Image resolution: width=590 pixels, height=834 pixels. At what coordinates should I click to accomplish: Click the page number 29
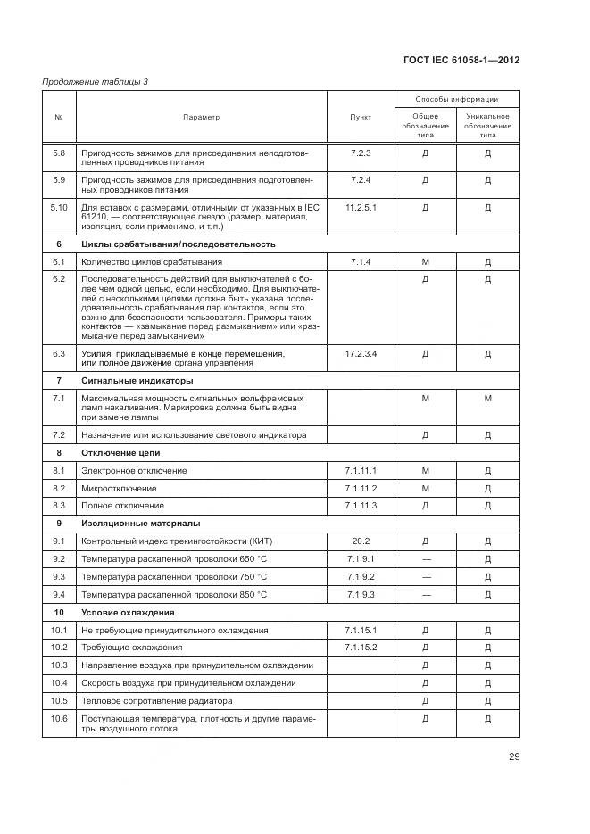point(514,757)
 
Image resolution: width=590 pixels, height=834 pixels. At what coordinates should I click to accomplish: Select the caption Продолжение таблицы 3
point(96,83)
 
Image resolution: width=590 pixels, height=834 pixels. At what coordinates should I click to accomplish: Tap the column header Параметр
point(202,117)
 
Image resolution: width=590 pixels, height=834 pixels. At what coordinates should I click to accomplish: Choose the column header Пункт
point(361,117)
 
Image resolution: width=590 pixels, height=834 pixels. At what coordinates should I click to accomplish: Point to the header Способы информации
point(457,99)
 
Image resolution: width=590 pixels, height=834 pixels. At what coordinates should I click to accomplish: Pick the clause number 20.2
point(361,541)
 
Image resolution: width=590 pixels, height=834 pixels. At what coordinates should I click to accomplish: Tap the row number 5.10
point(60,208)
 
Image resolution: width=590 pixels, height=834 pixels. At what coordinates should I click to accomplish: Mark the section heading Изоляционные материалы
point(141,524)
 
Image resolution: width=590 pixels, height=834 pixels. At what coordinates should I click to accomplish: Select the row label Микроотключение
point(119,489)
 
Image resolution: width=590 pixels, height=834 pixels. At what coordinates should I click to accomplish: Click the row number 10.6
point(60,719)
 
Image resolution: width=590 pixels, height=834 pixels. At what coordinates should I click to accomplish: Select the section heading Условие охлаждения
point(128,613)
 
